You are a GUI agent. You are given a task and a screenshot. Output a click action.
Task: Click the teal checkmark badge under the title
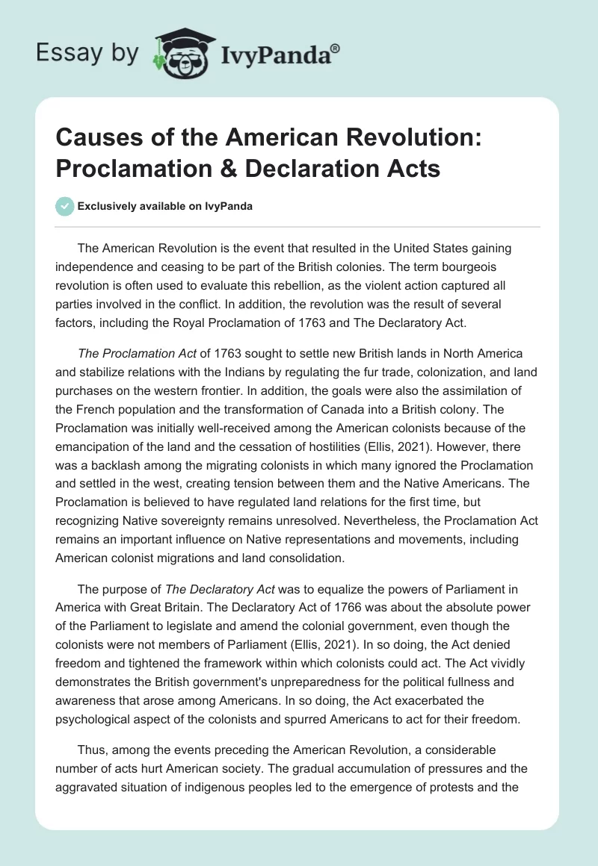[x=66, y=206]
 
